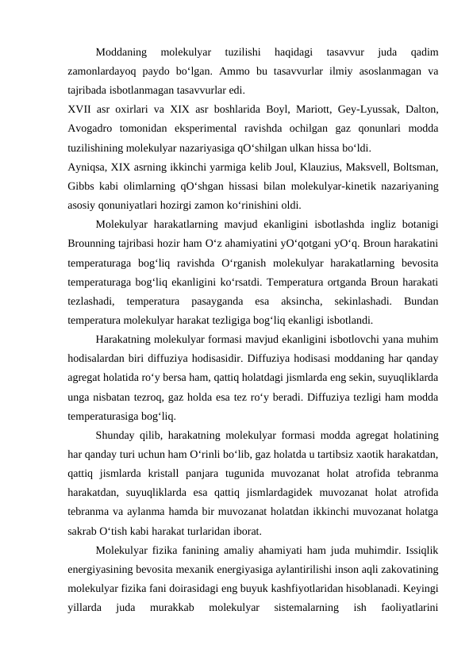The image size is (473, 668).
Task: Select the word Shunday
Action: click(x=116, y=437)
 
